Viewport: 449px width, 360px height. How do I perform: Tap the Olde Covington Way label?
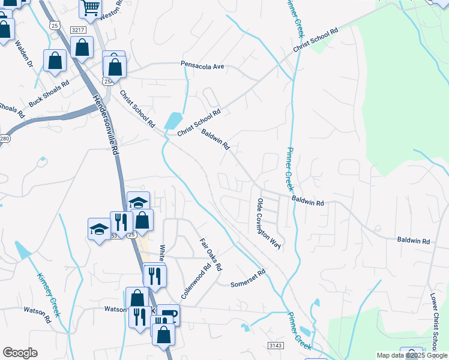(x=269, y=223)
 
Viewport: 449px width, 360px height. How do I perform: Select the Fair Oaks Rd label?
(x=211, y=254)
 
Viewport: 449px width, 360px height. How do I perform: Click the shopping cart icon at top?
(x=90, y=7)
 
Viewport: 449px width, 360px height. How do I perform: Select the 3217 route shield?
(x=77, y=29)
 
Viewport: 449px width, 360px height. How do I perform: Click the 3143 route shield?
(x=276, y=345)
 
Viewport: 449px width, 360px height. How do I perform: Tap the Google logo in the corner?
(x=20, y=353)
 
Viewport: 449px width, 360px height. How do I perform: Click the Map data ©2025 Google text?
(x=412, y=355)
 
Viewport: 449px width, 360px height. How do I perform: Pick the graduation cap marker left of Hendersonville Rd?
(x=98, y=229)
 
